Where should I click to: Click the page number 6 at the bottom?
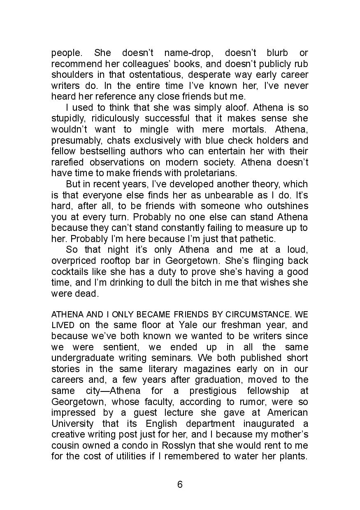pyautogui.click(x=180, y=484)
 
